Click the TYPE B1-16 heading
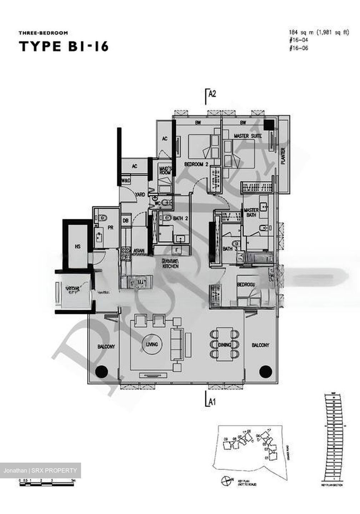pyautogui.click(x=64, y=47)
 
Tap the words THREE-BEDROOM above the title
pyautogui.click(x=43, y=33)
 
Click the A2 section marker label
pyautogui.click(x=212, y=94)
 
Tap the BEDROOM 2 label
pyautogui.click(x=196, y=165)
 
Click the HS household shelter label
pyautogui.click(x=77, y=246)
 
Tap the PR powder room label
pyautogui.click(x=110, y=227)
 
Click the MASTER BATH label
pyautogui.click(x=251, y=213)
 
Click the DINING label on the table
pyautogui.click(x=224, y=345)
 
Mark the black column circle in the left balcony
pyautogui.click(x=101, y=371)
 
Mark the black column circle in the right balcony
pyautogui.click(x=265, y=371)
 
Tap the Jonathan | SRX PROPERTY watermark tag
pyautogui.click(x=40, y=470)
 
